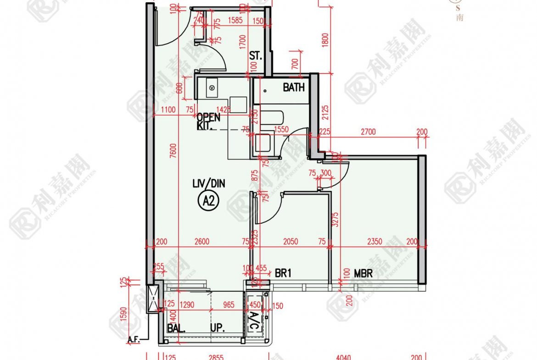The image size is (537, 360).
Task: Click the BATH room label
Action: [293, 87]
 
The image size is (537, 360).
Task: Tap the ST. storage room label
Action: [256, 56]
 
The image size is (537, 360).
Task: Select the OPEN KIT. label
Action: [208, 122]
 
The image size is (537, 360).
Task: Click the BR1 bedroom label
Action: [283, 273]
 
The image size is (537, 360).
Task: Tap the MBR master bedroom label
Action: [363, 273]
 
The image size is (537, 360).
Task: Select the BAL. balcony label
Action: [176, 328]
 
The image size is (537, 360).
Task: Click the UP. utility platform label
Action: [217, 328]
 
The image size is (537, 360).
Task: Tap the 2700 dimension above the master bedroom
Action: [368, 132]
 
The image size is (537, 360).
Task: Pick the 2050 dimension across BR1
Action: [290, 242]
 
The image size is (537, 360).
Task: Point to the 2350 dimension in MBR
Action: [375, 242]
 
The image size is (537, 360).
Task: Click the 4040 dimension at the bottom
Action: [343, 357]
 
